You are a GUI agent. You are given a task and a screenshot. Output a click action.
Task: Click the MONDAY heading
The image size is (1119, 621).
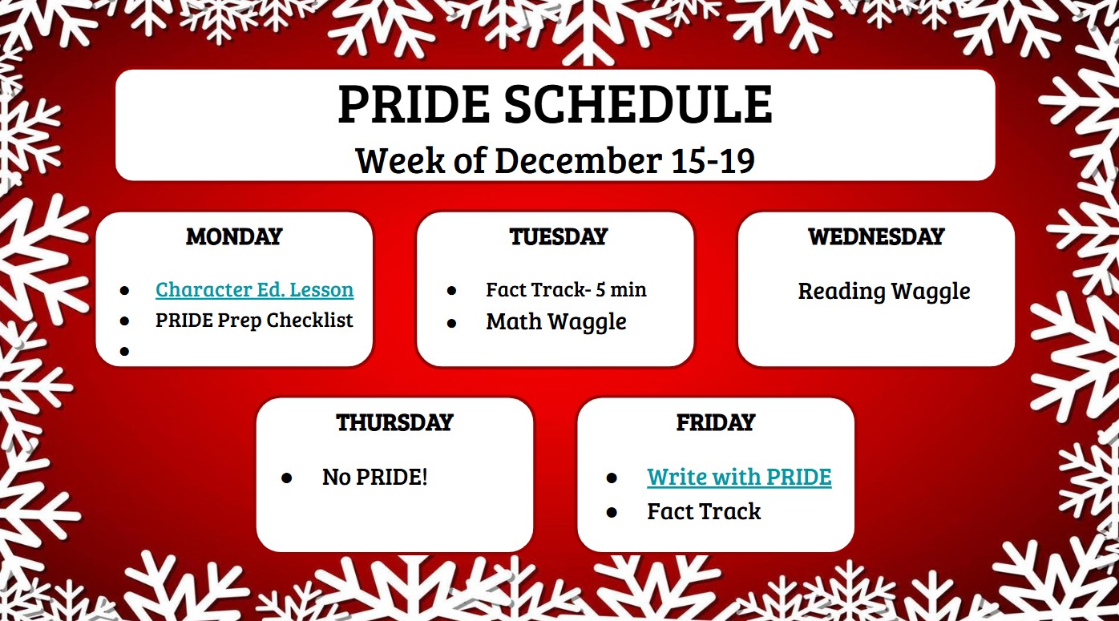click(234, 236)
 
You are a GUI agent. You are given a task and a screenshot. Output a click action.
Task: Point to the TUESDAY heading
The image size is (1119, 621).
click(558, 236)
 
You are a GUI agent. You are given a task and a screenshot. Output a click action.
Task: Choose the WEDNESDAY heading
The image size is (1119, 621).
click(876, 236)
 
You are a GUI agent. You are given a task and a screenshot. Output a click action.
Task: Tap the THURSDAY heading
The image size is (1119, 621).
click(394, 422)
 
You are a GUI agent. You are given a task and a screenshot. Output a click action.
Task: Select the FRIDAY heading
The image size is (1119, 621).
click(716, 422)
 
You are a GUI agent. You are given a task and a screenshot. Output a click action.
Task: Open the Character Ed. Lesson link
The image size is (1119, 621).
click(254, 289)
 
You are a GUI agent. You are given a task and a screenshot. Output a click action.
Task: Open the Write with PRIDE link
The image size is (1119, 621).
click(739, 477)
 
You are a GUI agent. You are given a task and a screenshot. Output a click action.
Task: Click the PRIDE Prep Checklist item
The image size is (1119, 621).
click(254, 321)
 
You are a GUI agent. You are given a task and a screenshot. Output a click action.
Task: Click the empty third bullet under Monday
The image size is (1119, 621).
click(124, 351)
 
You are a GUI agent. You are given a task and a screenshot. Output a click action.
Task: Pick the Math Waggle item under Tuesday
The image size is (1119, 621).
click(556, 322)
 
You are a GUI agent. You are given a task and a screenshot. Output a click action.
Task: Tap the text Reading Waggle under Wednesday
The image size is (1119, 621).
click(883, 291)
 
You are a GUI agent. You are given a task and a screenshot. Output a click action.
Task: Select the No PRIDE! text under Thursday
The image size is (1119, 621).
click(374, 478)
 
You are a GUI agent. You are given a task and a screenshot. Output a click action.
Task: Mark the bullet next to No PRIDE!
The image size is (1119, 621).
click(287, 478)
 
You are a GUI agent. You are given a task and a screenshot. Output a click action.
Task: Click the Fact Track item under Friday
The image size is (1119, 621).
click(704, 511)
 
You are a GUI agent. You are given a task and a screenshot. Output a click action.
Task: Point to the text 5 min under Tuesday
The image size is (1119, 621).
click(619, 289)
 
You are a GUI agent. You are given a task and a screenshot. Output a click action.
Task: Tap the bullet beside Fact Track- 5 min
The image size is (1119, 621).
click(451, 291)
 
